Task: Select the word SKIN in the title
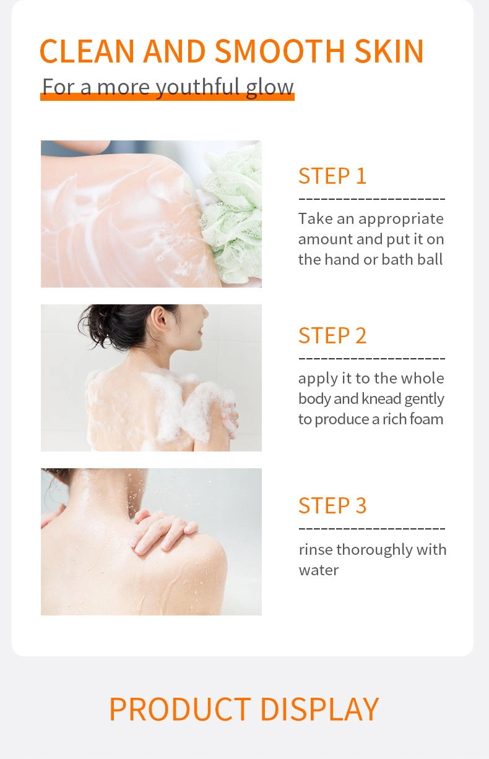(389, 51)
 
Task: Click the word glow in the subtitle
(270, 87)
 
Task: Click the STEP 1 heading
(332, 176)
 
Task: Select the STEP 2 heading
(332, 335)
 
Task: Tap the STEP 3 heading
(332, 505)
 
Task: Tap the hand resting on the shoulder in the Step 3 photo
(163, 531)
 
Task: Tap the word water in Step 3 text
(318, 570)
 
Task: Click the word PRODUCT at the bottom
(180, 709)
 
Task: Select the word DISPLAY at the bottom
(319, 709)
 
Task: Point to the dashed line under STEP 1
(371, 199)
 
